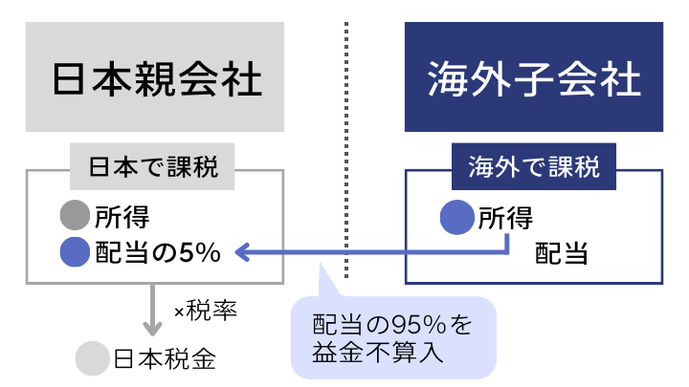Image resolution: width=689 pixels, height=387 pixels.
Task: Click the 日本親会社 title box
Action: click(x=155, y=76)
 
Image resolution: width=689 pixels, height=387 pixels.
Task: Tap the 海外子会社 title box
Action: click(x=534, y=76)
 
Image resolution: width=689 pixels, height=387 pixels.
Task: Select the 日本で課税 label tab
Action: click(x=152, y=166)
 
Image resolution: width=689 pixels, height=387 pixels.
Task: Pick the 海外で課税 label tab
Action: click(x=534, y=166)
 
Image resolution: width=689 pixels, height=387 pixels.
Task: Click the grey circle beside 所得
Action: click(x=76, y=215)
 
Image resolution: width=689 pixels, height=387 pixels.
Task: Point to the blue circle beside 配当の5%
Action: click(x=76, y=252)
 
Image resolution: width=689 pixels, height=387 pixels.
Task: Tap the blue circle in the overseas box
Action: click(x=457, y=217)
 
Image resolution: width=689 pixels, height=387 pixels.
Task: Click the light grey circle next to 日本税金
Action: click(x=92, y=358)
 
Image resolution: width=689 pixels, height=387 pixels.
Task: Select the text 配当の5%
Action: click(x=158, y=252)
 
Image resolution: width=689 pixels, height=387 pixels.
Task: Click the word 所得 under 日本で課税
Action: click(x=122, y=217)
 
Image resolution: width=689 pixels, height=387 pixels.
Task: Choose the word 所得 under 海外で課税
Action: click(x=505, y=218)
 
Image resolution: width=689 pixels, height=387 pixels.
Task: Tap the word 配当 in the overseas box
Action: click(x=561, y=253)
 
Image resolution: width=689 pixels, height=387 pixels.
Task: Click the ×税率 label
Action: click(x=206, y=311)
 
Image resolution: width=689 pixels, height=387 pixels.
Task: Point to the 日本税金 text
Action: click(x=165, y=358)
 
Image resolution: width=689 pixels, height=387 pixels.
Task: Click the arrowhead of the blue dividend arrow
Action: click(x=243, y=252)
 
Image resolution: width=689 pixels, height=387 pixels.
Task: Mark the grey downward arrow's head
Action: click(x=152, y=329)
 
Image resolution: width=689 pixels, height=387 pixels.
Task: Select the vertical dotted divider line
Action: click(x=346, y=150)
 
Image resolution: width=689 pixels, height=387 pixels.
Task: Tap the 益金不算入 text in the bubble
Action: click(x=377, y=352)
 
